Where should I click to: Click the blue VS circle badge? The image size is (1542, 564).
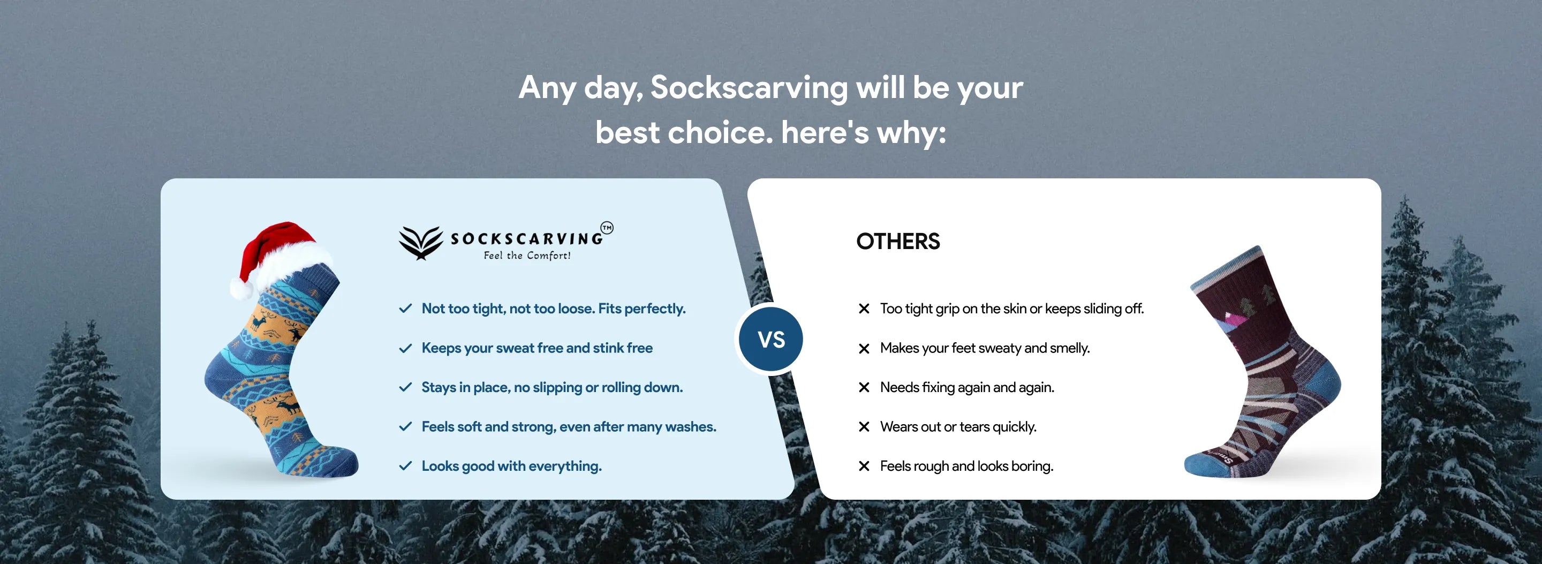771,340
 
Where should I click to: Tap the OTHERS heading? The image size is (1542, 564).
898,241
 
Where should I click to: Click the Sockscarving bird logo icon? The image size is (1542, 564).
421,243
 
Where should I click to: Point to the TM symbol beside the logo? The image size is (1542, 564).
607,228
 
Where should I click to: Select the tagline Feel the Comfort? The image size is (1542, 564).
527,255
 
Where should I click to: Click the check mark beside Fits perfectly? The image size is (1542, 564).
405,309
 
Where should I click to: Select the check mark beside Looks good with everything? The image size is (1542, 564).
405,466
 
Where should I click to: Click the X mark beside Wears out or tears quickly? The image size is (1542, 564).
864,427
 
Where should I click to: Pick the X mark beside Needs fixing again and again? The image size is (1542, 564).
864,387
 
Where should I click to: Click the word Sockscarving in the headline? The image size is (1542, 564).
749,88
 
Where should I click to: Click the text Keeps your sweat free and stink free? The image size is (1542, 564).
537,348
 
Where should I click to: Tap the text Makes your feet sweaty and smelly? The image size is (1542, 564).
985,348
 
